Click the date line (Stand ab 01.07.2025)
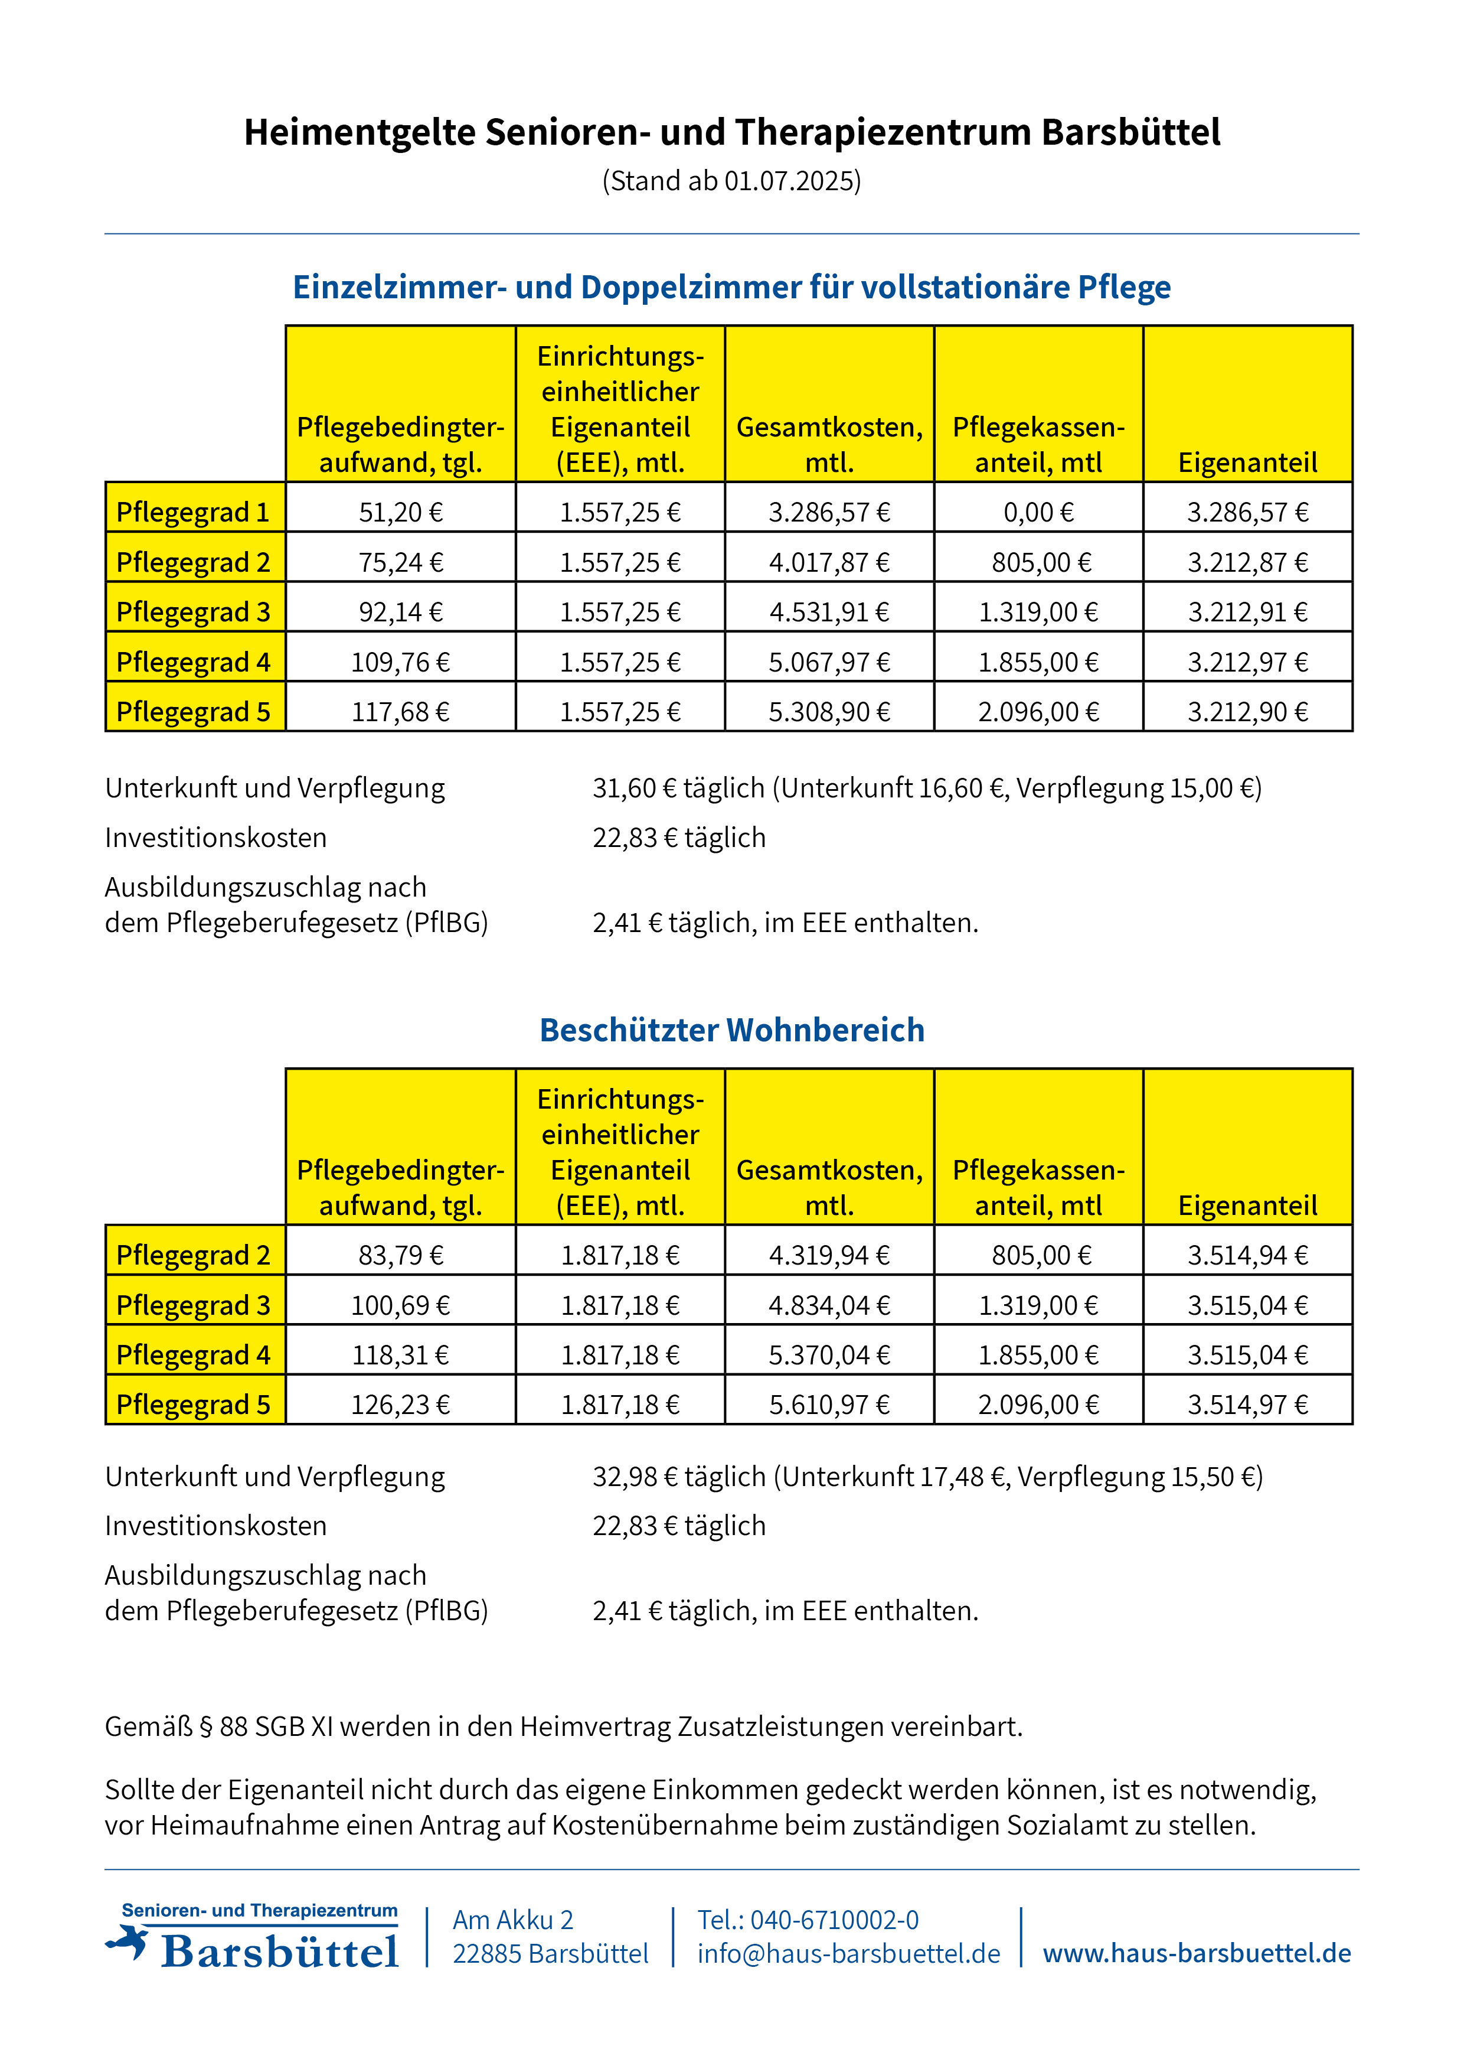click(x=731, y=181)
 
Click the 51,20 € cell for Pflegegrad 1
click(x=400, y=512)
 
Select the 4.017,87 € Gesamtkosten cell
click(x=829, y=562)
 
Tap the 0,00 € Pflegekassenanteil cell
click(x=1038, y=512)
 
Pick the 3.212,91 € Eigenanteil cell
click(x=1247, y=612)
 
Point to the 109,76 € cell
click(x=400, y=662)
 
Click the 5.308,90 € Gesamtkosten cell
click(x=829, y=712)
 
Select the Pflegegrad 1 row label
click(x=194, y=512)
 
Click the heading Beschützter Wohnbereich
click(x=731, y=1030)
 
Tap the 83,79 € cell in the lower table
click(x=400, y=1255)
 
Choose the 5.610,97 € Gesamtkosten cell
click(x=829, y=1404)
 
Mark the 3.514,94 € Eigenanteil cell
click(x=1247, y=1255)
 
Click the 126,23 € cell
click(x=400, y=1404)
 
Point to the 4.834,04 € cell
click(x=829, y=1305)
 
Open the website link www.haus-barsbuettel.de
click(x=1197, y=1953)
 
